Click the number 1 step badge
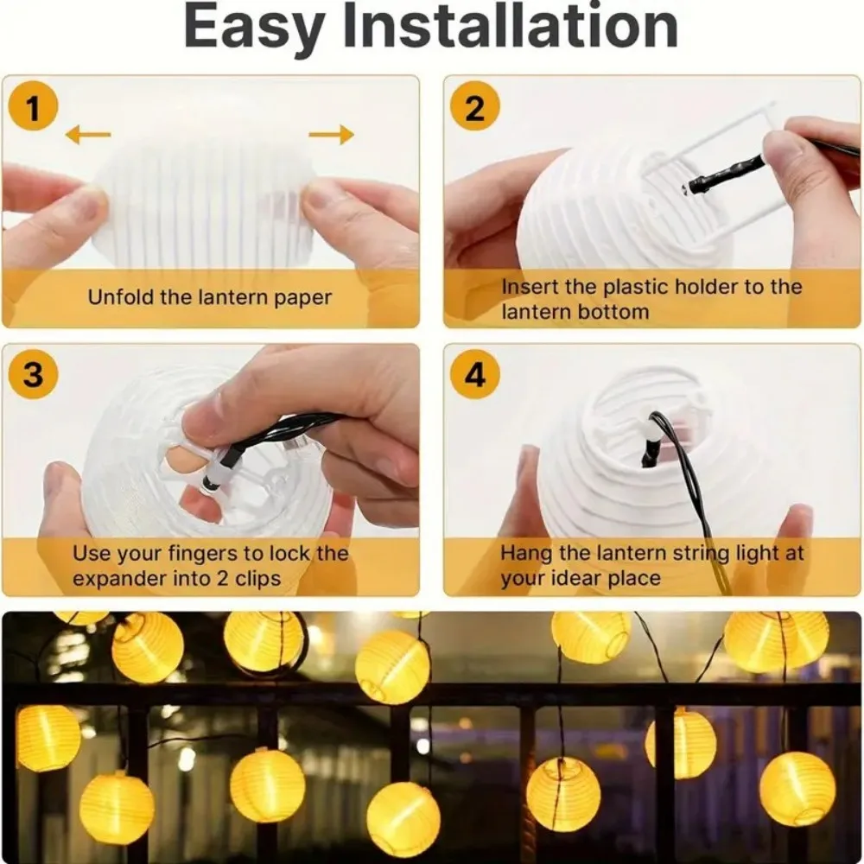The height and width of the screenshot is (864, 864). coord(33,110)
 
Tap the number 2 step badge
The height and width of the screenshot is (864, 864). coord(475,110)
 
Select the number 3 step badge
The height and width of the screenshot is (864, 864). coord(33,376)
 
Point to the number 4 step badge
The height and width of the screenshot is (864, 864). coord(475,376)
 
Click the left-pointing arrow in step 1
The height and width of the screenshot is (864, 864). coord(88,134)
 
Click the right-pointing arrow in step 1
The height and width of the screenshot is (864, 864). coord(331,134)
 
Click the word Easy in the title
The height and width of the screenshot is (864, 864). coord(255,28)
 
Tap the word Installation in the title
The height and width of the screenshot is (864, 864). coord(511,28)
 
